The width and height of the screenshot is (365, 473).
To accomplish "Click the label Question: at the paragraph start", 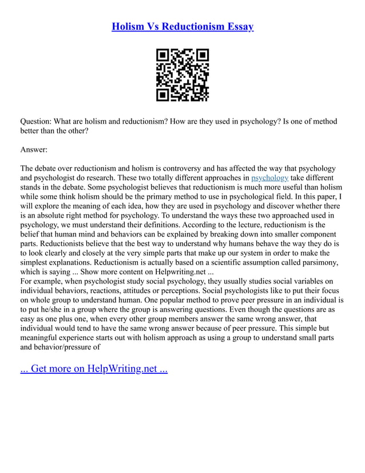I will tap(38, 121).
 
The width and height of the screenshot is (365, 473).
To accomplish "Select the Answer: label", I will tap(34, 150).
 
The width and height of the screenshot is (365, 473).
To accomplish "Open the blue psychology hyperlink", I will tap(270, 178).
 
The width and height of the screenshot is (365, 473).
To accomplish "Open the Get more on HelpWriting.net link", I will tap(94, 368).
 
